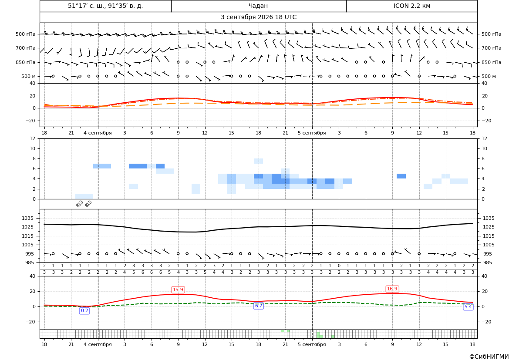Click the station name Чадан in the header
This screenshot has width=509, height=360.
[258, 6]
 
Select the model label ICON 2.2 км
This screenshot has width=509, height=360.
[411, 6]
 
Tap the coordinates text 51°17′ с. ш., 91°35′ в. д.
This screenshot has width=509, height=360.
[105, 6]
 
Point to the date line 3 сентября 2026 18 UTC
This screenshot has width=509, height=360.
[258, 17]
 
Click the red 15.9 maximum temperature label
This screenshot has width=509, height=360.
[178, 289]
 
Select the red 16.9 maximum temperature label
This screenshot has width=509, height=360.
[392, 289]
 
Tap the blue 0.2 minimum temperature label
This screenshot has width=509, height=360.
[84, 311]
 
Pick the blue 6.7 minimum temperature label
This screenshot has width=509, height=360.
[258, 306]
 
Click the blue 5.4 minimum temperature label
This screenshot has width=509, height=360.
[468, 307]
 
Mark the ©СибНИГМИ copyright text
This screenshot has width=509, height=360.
[489, 357]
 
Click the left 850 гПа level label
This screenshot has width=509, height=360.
[26, 62]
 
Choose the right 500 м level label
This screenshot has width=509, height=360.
[489, 76]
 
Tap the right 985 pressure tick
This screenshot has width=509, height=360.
[488, 262]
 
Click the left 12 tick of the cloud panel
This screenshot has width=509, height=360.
[33, 138]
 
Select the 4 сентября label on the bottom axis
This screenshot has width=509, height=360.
[98, 344]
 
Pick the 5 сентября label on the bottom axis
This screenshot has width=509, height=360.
[312, 344]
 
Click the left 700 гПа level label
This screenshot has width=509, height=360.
[26, 48]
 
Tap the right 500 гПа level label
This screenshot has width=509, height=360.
[492, 34]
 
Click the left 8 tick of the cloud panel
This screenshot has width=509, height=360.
[34, 159]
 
